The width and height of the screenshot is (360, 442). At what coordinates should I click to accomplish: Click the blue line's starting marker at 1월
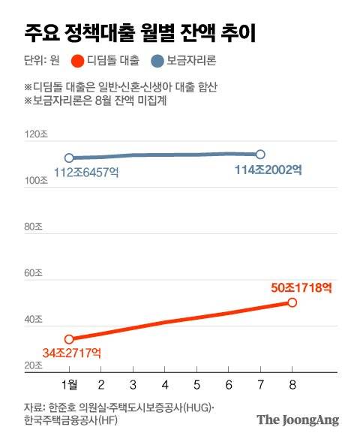(x=69, y=158)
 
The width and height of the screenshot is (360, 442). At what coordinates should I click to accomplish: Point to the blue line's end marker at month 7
(x=260, y=154)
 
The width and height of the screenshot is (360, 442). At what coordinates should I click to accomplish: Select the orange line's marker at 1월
(x=69, y=339)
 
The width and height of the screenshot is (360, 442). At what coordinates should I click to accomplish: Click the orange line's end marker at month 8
(x=292, y=302)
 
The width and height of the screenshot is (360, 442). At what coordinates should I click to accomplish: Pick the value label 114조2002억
(x=268, y=170)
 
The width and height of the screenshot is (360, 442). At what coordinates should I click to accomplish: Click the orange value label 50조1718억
(x=300, y=287)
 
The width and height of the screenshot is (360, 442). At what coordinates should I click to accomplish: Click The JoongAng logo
(x=298, y=419)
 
